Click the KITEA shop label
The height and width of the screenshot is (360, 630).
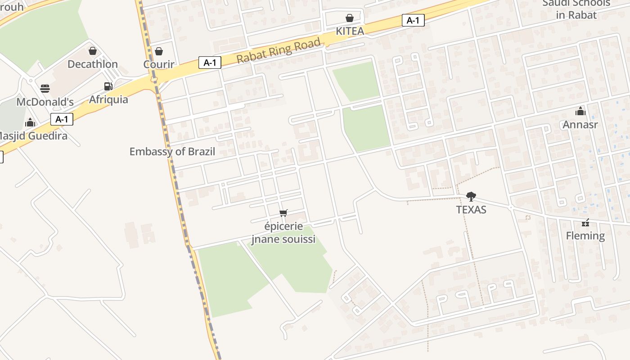tap(350, 31)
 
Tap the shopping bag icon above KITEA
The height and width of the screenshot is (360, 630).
tap(350, 18)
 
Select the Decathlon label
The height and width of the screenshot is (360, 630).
tap(93, 64)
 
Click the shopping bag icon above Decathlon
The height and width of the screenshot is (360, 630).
tap(93, 51)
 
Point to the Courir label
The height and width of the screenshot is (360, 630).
tap(159, 64)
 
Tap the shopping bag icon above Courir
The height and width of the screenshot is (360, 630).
tap(159, 51)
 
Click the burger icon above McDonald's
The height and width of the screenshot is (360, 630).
tap(45, 88)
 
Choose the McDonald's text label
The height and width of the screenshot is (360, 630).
tap(45, 102)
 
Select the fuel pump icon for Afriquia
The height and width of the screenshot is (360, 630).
tap(108, 86)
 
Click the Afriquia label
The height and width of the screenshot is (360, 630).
tap(108, 99)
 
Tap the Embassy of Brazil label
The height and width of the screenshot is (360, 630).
tap(172, 152)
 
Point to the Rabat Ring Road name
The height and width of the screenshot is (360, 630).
tap(279, 51)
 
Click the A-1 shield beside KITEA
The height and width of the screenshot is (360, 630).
tap(413, 20)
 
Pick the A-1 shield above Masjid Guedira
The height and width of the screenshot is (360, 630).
tap(62, 119)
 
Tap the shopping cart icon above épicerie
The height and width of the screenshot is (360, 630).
tap(283, 213)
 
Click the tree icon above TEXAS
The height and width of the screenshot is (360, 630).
tap(471, 196)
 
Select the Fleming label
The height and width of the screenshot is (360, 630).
tap(585, 235)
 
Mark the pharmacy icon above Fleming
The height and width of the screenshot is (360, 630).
tap(585, 222)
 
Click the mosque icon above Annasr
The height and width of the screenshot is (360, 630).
tap(580, 111)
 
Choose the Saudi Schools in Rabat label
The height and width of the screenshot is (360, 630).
tap(576, 9)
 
